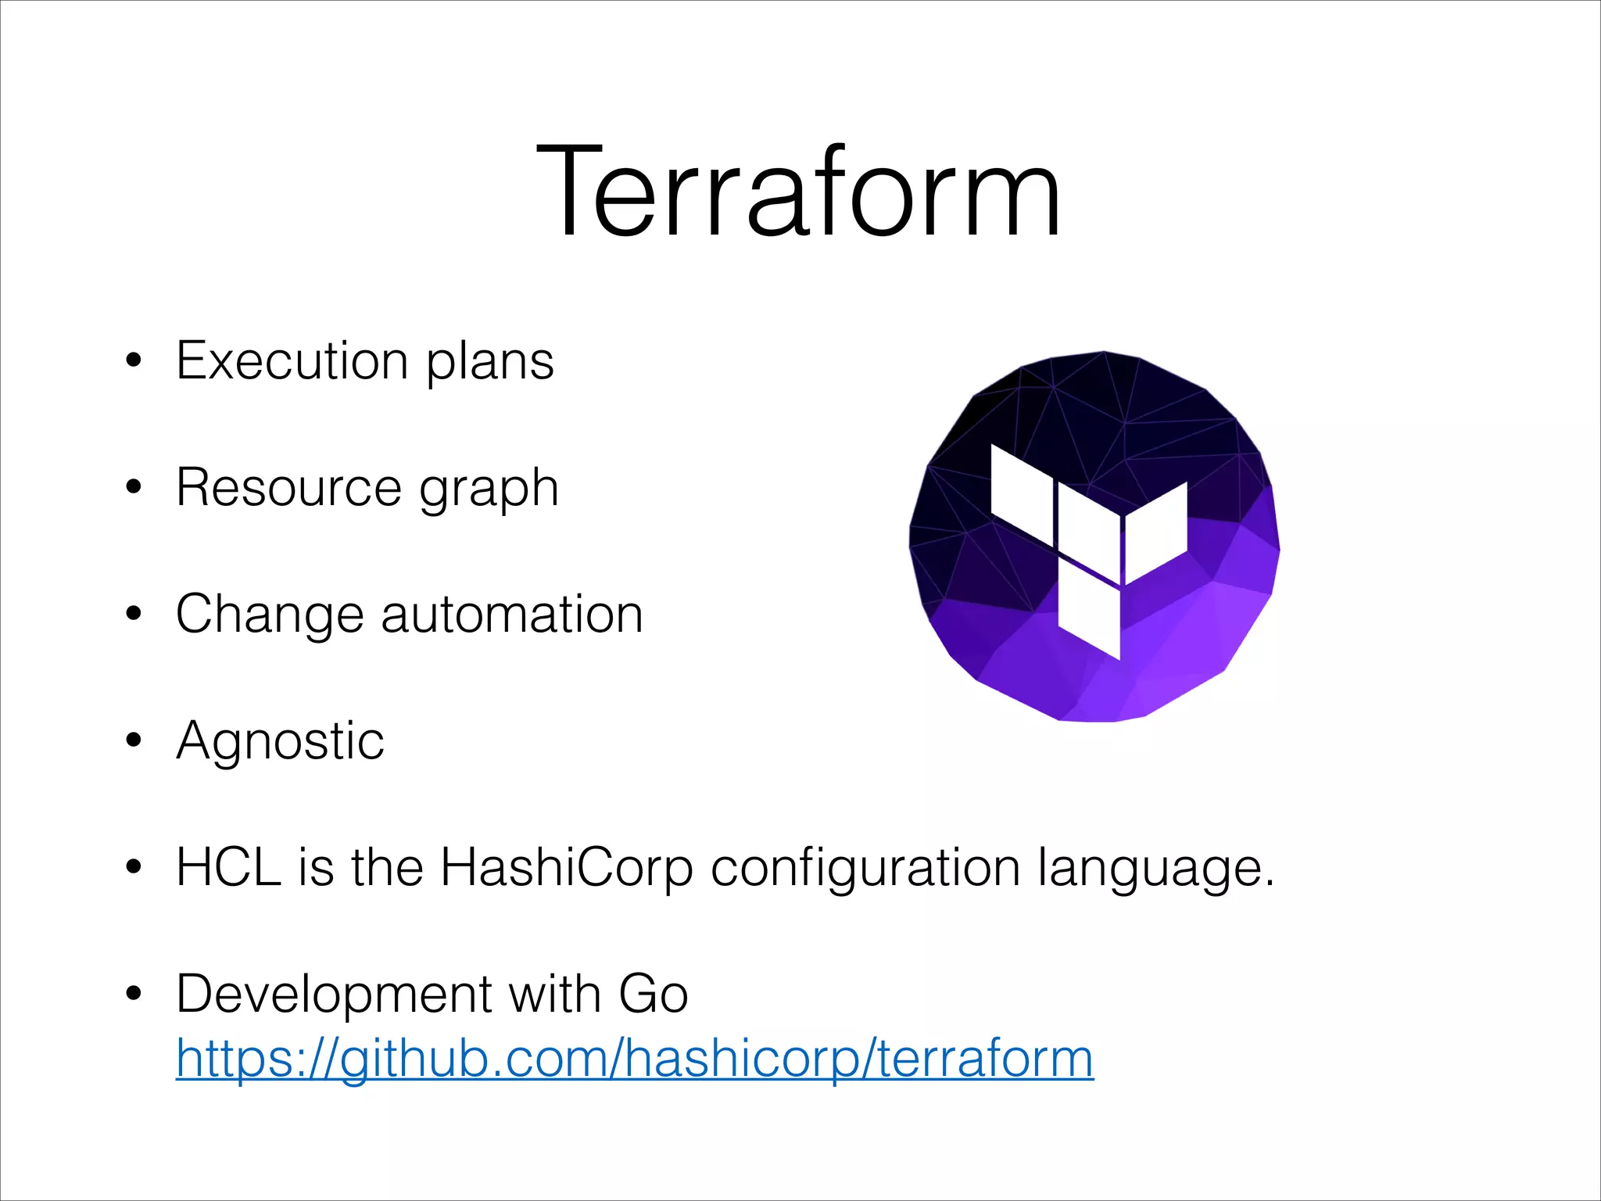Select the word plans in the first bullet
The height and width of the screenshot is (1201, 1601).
pos(490,363)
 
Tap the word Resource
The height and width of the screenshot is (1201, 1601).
pos(288,488)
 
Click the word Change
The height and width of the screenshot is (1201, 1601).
pos(269,615)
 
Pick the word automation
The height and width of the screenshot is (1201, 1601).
pos(512,615)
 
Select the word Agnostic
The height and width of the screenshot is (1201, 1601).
pos(280,741)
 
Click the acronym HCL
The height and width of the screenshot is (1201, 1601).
pos(228,867)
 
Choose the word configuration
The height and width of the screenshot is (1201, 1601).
pos(865,869)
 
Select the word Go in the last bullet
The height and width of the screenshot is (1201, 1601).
pos(654,995)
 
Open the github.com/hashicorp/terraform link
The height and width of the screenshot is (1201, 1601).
pos(635,1059)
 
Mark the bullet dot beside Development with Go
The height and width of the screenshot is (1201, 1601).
pos(134,994)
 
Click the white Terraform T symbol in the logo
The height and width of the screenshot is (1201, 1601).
pos(1089,547)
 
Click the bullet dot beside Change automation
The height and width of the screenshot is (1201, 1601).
pos(134,614)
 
